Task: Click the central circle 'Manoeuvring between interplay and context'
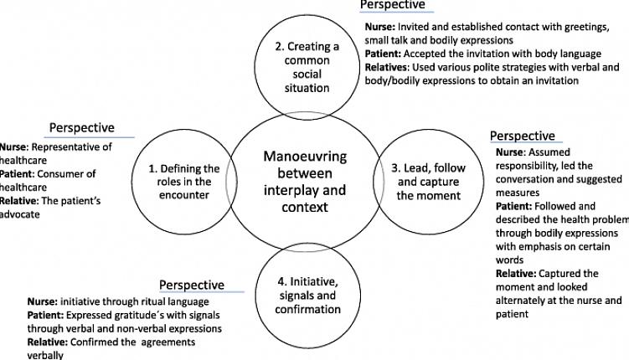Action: pos(297,183)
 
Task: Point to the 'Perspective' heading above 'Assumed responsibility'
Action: pos(522,136)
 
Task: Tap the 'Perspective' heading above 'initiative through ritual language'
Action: pos(192,285)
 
